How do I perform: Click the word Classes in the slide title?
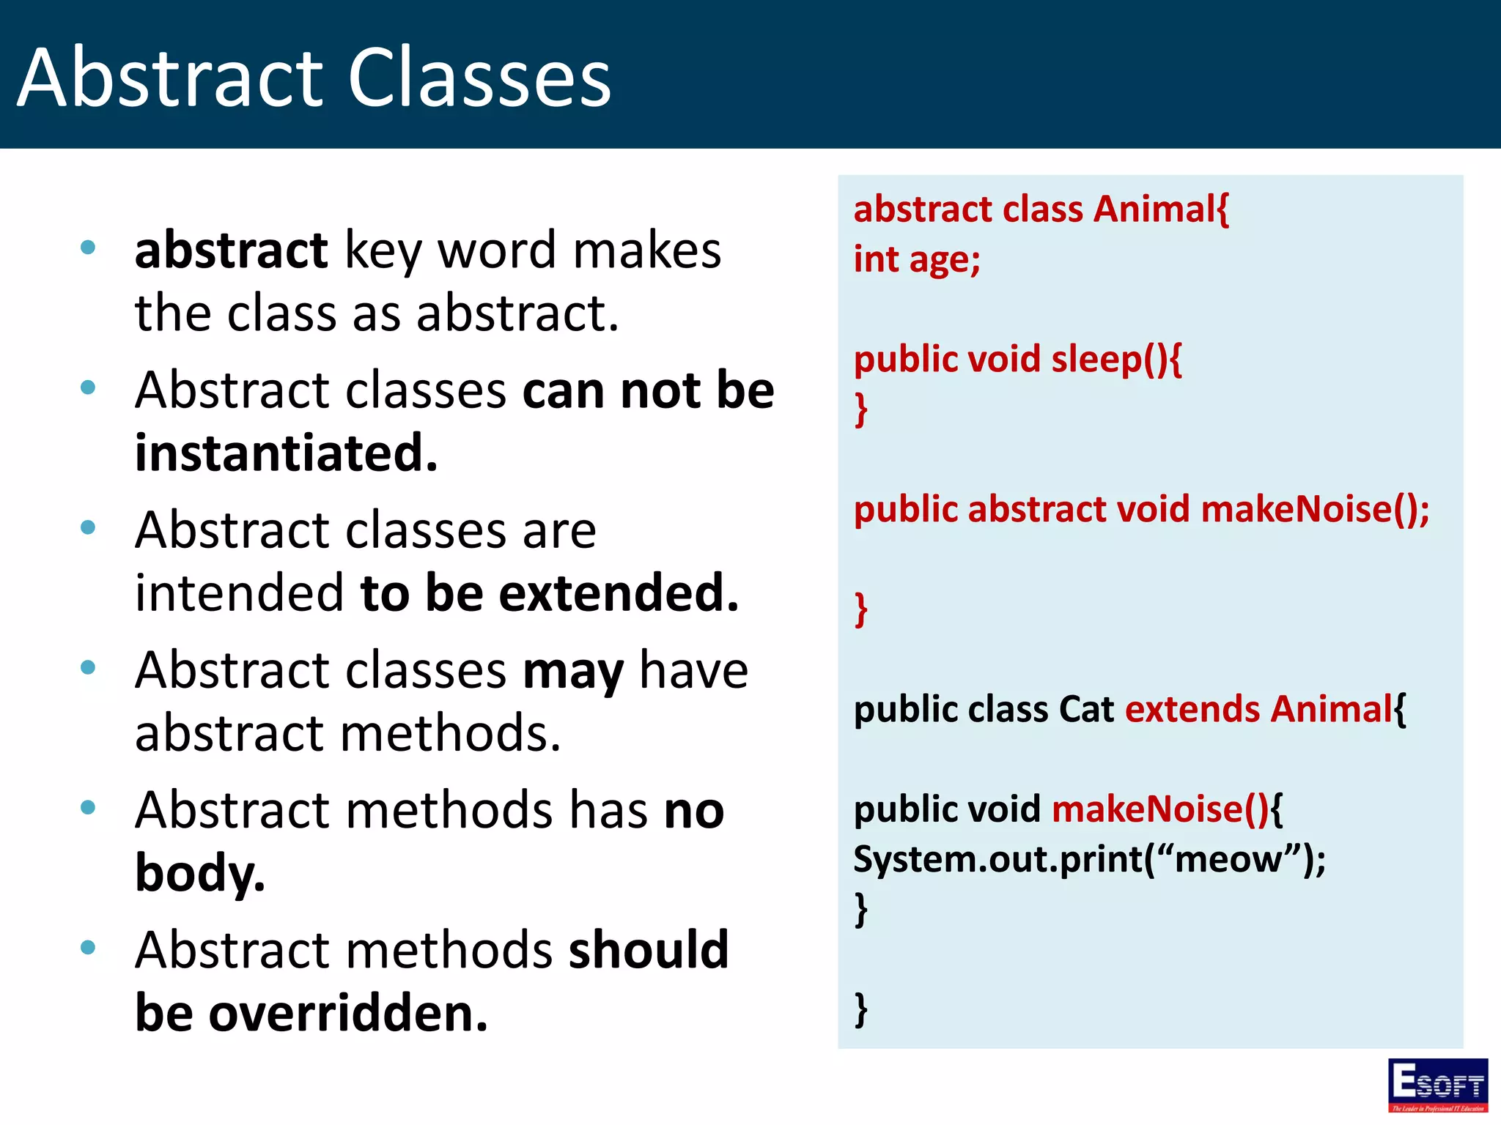[479, 78]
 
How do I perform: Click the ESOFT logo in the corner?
[1437, 1085]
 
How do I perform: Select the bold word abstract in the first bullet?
[231, 250]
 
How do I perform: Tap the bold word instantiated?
[286, 453]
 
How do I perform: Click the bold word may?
[572, 671]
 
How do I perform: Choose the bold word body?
[199, 873]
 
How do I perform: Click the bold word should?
[648, 950]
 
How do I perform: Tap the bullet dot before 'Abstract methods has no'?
[88, 808]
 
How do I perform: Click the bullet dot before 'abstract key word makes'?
[88, 248]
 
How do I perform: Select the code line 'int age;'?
[916, 259]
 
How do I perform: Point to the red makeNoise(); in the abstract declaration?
[1315, 509]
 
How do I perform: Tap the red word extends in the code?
[1192, 709]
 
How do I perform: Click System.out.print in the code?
[997, 859]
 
